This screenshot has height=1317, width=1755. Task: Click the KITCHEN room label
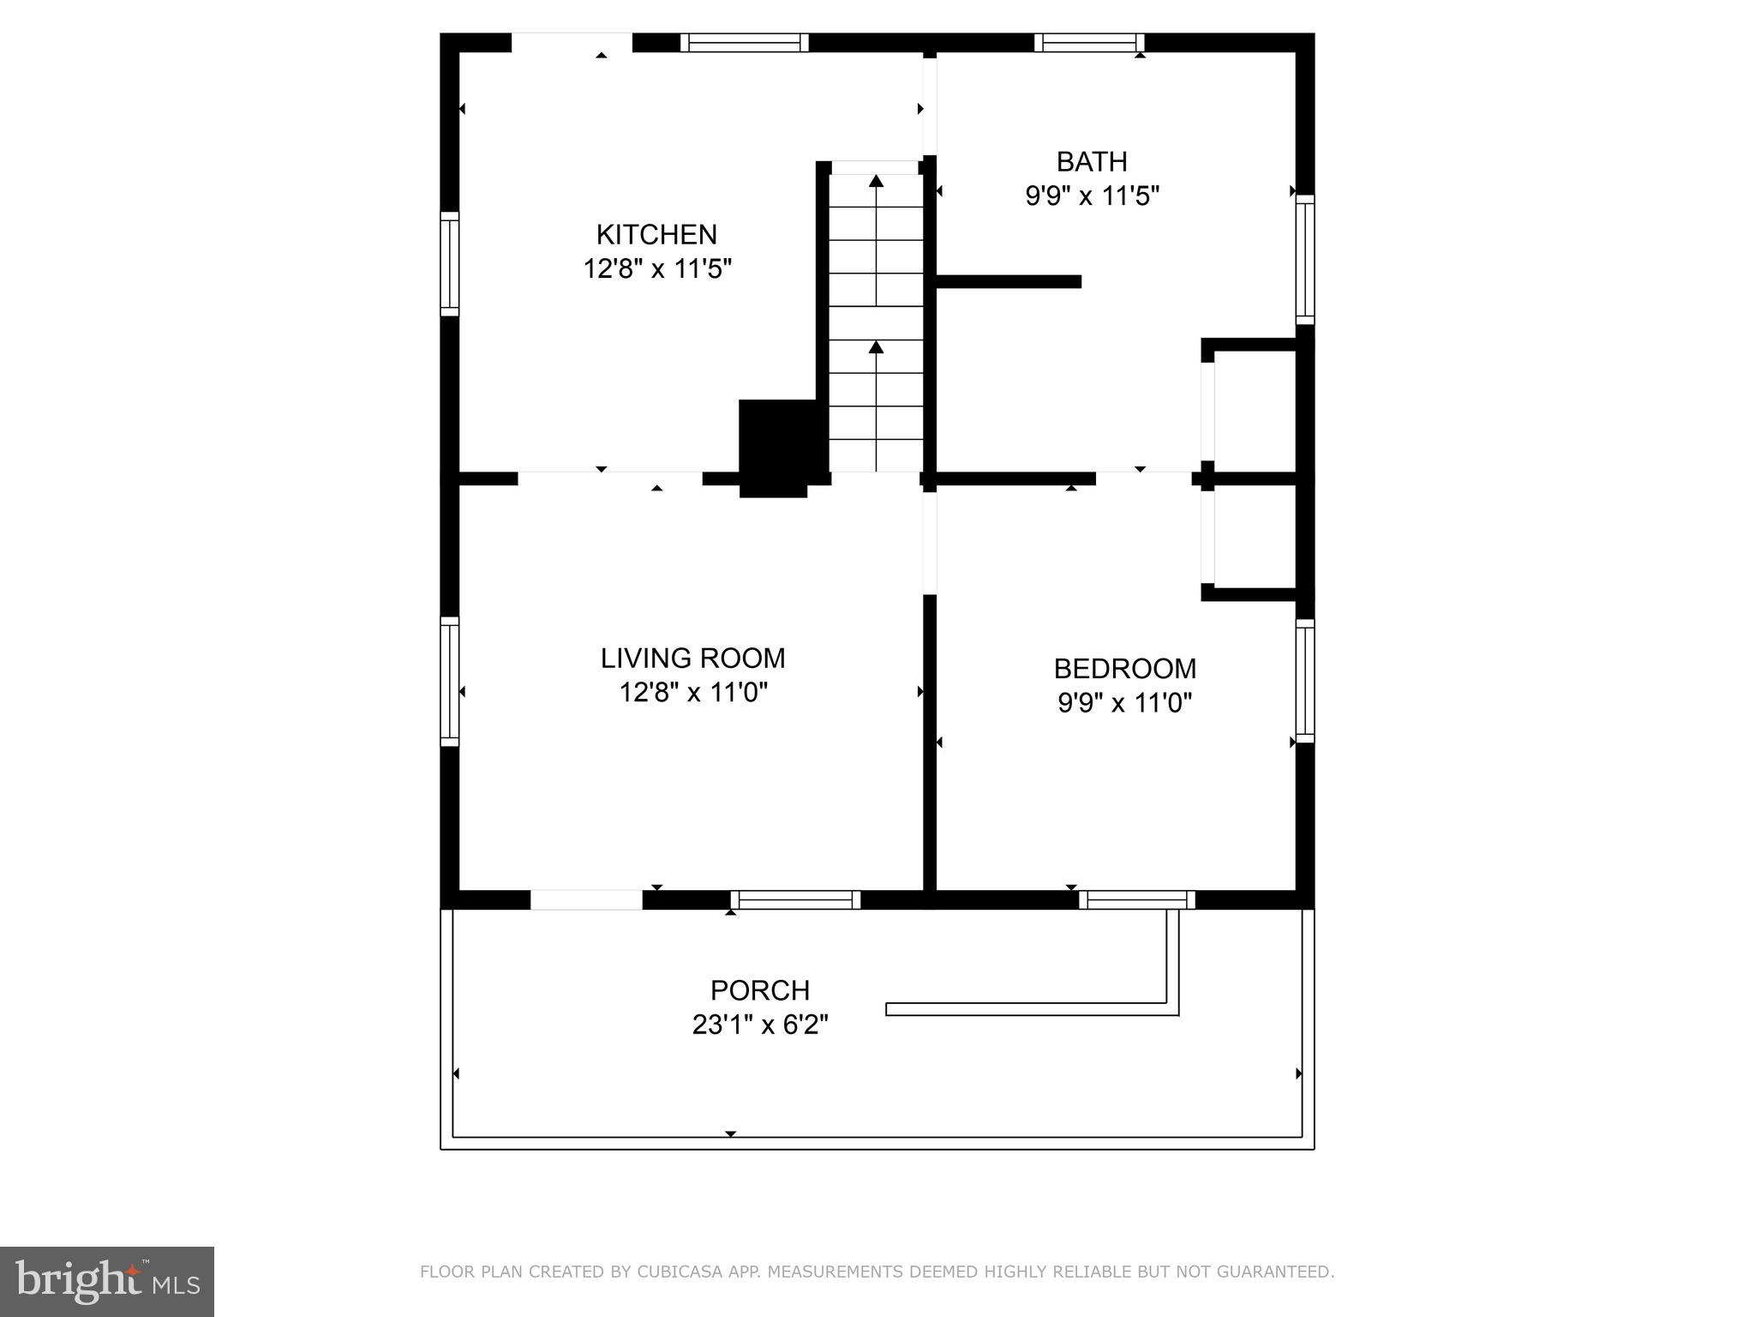656,234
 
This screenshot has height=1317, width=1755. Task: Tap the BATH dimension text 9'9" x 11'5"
1092,196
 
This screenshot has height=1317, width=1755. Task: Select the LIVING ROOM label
692,658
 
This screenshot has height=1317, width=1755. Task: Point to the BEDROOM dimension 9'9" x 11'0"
1124,703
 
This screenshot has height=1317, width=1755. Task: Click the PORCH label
759,990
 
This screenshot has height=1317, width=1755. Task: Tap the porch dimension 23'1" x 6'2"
759,1025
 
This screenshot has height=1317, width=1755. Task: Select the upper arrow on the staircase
876,181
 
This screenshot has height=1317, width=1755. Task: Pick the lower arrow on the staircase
876,347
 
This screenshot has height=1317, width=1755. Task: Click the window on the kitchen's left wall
450,263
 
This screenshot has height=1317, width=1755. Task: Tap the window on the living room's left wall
450,681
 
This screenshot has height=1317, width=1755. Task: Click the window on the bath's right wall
1304,259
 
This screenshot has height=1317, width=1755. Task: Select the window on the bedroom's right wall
1304,681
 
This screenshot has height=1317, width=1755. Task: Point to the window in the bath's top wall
1088,43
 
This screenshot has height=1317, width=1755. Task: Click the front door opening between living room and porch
586,899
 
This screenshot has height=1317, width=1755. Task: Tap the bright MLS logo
107,1281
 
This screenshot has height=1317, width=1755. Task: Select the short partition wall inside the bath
1009,281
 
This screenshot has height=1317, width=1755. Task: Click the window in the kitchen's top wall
744,43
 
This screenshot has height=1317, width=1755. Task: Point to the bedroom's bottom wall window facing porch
1136,899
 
